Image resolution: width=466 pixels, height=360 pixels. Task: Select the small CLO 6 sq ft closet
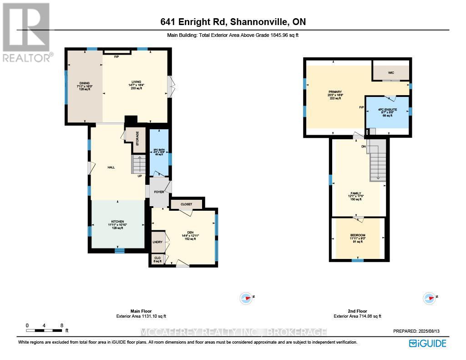click(157, 260)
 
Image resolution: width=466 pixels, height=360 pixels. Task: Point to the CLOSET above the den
click(186, 204)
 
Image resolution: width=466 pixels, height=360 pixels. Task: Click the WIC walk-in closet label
click(390, 72)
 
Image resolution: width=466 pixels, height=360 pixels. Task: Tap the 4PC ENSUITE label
click(387, 112)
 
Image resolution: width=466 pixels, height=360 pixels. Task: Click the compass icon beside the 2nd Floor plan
click(429, 299)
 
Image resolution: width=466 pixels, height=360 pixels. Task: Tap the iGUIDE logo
click(427, 343)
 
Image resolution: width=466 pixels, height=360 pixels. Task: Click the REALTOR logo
click(26, 32)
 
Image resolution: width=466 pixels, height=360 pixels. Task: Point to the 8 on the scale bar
click(62, 325)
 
